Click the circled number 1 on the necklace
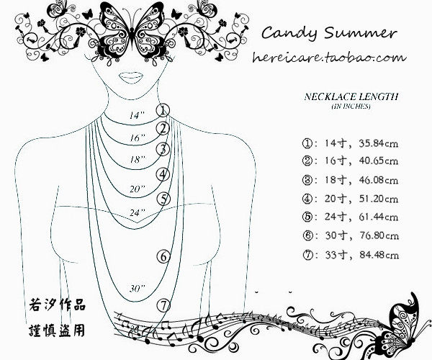point(163,110)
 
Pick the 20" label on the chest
point(137,189)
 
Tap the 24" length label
point(137,212)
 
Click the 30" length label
point(137,287)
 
